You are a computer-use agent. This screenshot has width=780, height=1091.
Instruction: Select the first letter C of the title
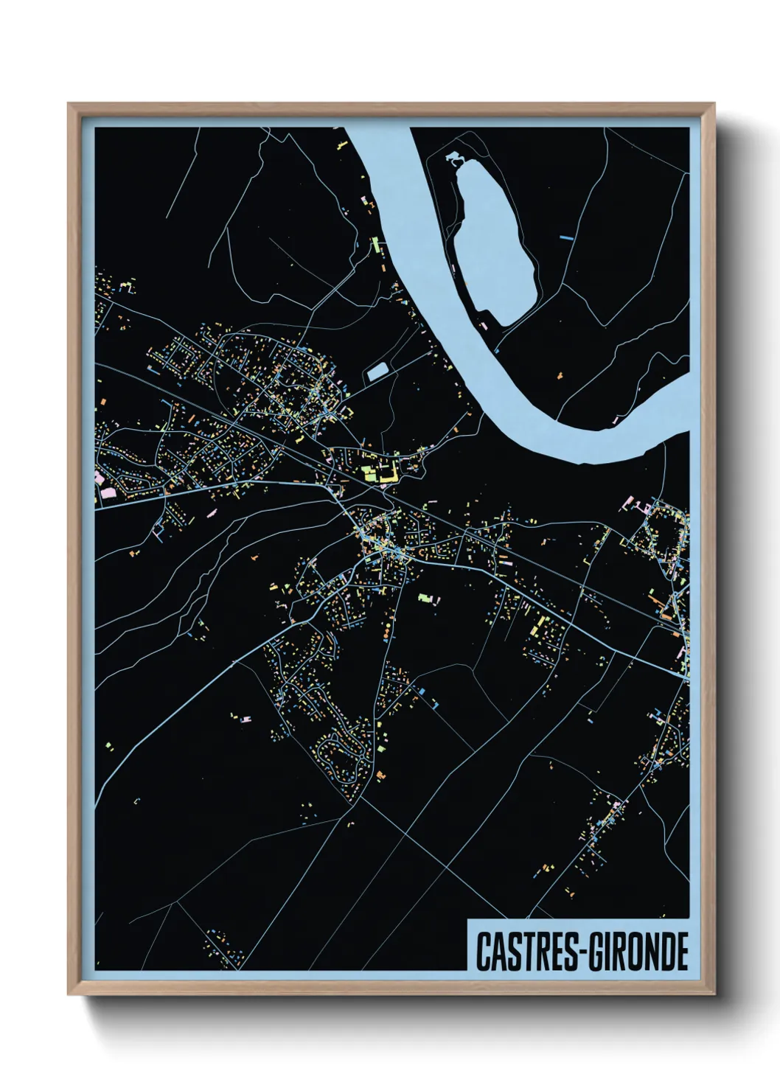coord(483,952)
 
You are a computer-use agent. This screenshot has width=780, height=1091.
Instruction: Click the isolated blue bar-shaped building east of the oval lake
coord(566,237)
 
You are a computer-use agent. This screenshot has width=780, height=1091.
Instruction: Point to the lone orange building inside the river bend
coord(558,377)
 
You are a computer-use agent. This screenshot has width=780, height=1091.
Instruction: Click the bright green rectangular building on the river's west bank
coord(375,244)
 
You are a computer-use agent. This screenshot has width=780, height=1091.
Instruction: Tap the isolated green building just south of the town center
coord(424,597)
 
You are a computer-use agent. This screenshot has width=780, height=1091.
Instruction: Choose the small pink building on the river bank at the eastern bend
coord(617,419)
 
